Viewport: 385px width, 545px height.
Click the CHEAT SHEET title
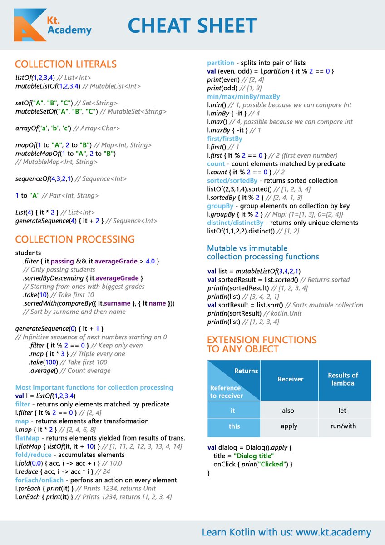tap(192, 25)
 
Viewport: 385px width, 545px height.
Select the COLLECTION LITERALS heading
tap(66, 64)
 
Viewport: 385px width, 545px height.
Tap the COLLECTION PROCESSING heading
tap(75, 239)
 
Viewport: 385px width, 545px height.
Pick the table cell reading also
tap(288, 411)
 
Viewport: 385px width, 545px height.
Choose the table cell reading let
tap(342, 411)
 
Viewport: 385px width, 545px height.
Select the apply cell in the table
tap(289, 426)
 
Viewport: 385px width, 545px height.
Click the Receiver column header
tap(291, 379)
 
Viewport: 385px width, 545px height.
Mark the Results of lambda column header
tap(343, 379)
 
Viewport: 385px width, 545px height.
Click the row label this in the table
tap(235, 426)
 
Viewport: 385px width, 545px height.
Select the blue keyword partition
tap(221, 63)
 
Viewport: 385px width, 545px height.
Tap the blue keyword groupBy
tap(220, 206)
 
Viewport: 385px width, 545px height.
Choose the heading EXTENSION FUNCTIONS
tap(262, 340)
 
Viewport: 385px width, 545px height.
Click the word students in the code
tap(28, 252)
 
